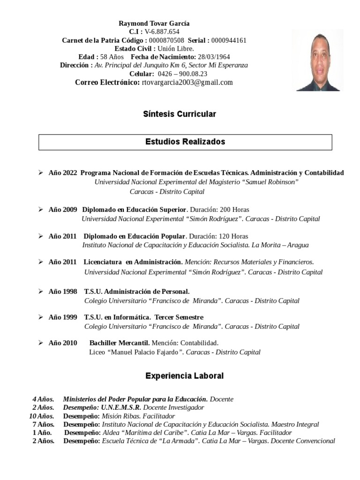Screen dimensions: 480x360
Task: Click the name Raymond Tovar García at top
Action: click(x=154, y=23)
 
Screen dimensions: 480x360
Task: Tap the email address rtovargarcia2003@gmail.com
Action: click(x=187, y=82)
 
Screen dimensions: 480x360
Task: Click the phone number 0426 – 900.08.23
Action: click(x=182, y=74)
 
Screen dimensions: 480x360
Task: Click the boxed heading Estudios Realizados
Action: click(x=185, y=142)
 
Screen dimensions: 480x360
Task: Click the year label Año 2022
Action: click(x=62, y=173)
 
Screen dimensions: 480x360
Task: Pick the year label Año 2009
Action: click(x=62, y=210)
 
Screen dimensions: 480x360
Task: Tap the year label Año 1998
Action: click(x=62, y=292)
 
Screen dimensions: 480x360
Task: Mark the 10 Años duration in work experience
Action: click(x=42, y=416)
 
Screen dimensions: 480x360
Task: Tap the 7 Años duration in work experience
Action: click(x=43, y=425)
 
